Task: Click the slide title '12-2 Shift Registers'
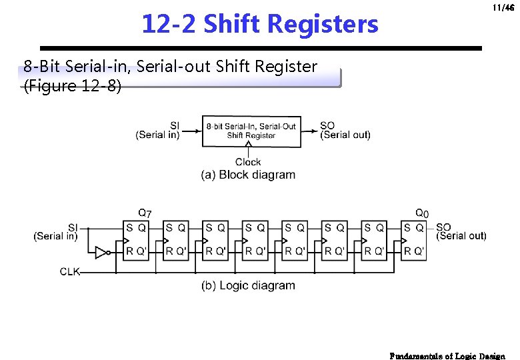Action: tap(259, 25)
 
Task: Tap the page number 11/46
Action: tap(503, 8)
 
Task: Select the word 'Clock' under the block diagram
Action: tap(248, 162)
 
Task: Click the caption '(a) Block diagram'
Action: tap(248, 175)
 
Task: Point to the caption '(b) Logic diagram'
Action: tap(248, 285)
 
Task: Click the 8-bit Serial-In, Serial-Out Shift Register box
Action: tap(251, 131)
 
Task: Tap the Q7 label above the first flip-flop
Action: tap(145, 213)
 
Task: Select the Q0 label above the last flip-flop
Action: tap(422, 213)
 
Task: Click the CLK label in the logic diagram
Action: tap(70, 272)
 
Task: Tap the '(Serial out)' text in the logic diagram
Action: tap(461, 236)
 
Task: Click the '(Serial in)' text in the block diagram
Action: tap(157, 135)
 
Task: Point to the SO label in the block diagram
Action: tap(327, 125)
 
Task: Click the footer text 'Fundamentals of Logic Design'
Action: tap(447, 355)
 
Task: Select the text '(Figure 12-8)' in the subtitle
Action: tap(73, 87)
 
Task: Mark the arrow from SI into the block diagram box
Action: tap(191, 131)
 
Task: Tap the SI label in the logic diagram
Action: tap(73, 227)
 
